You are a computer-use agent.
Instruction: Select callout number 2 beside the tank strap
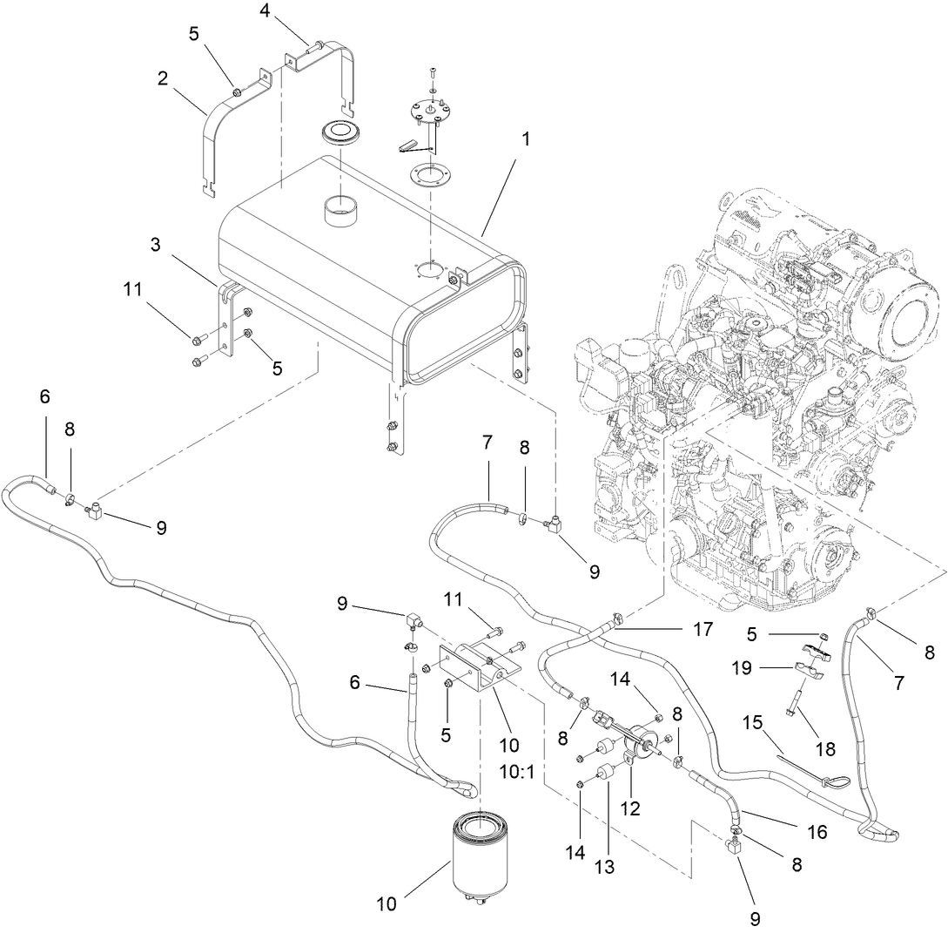click(x=163, y=78)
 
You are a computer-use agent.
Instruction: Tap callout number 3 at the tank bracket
click(x=155, y=245)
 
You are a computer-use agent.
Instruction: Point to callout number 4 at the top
click(x=266, y=11)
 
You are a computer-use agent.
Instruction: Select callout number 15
click(x=752, y=722)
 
